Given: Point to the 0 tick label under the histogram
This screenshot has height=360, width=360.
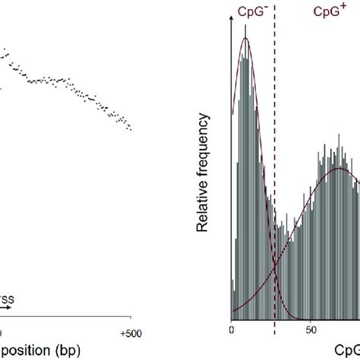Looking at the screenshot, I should click(231, 331).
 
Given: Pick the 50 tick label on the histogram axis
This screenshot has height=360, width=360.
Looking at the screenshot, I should click(311, 331).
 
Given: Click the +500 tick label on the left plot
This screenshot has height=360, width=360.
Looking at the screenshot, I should click(131, 331).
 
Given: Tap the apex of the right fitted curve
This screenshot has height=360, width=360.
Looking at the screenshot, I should click(335, 169).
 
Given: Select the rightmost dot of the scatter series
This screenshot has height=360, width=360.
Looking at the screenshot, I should click(131, 129).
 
